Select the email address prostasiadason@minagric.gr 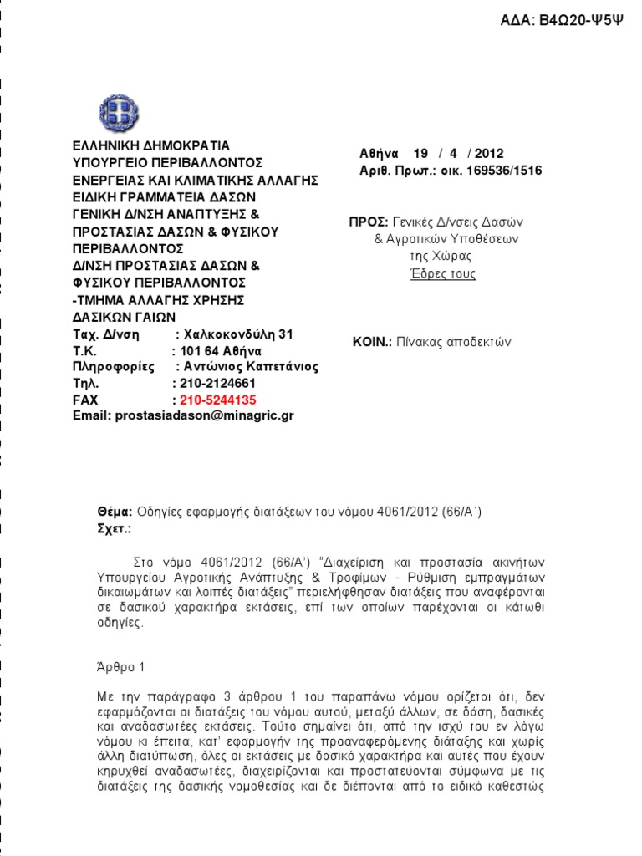(x=183, y=415)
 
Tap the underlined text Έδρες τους (x=443, y=273)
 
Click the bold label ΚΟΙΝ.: (x=373, y=341)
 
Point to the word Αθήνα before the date (x=378, y=153)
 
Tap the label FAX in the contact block (x=85, y=400)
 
